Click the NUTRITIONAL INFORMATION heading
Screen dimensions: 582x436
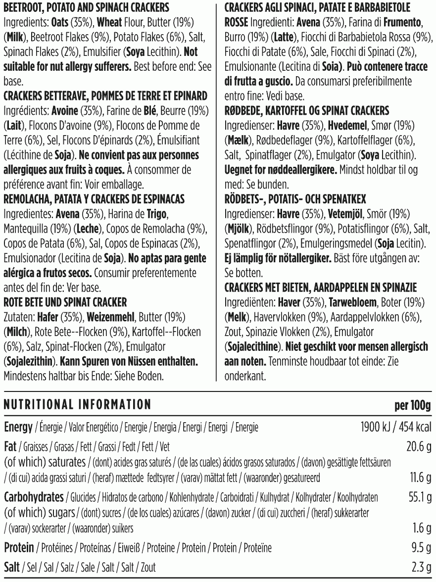[77, 405]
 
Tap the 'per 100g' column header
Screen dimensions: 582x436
[413, 405]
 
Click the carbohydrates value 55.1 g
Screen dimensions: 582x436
[419, 496]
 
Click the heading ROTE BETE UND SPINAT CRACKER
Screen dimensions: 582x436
[65, 302]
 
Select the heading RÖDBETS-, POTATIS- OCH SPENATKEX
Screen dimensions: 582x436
[295, 199]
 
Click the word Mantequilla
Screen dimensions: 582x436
[26, 229]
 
